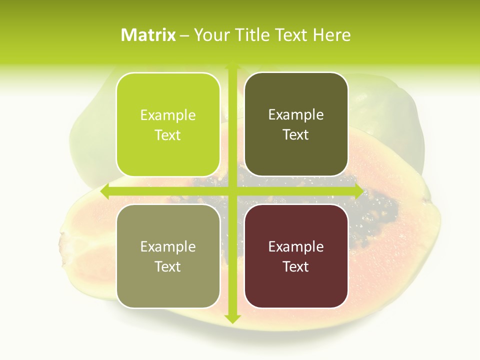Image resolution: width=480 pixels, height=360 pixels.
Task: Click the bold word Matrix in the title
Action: pos(148,35)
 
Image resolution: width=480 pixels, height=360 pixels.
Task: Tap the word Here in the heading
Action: pos(331,35)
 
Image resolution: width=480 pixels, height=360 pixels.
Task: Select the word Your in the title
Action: pos(211,35)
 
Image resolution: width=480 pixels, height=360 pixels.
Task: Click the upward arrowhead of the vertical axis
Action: pos(232,67)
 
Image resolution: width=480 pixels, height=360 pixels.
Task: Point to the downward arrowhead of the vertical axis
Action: pos(232,318)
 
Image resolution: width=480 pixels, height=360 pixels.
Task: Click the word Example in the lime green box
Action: pos(168,115)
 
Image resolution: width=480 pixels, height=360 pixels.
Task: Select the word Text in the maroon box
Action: pos(296,266)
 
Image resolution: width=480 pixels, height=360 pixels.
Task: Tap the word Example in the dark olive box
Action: pos(296,114)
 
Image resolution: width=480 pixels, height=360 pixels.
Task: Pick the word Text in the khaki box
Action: pos(168,266)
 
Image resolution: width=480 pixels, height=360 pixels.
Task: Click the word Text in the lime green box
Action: pos(168,135)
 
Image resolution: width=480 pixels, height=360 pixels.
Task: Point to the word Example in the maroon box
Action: pos(296,246)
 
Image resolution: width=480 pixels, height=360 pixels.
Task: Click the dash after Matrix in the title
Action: pos(184,35)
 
